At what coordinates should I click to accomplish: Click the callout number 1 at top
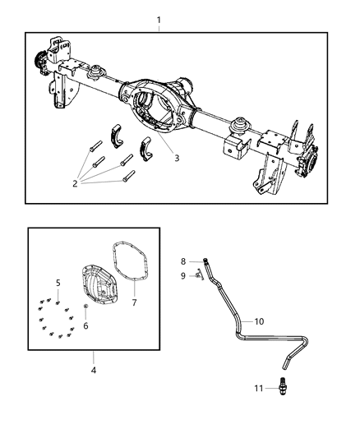(159, 18)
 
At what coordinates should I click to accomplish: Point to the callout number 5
(58, 284)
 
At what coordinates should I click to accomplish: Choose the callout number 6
(85, 326)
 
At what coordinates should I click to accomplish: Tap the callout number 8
(184, 261)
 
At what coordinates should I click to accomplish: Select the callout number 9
(184, 275)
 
